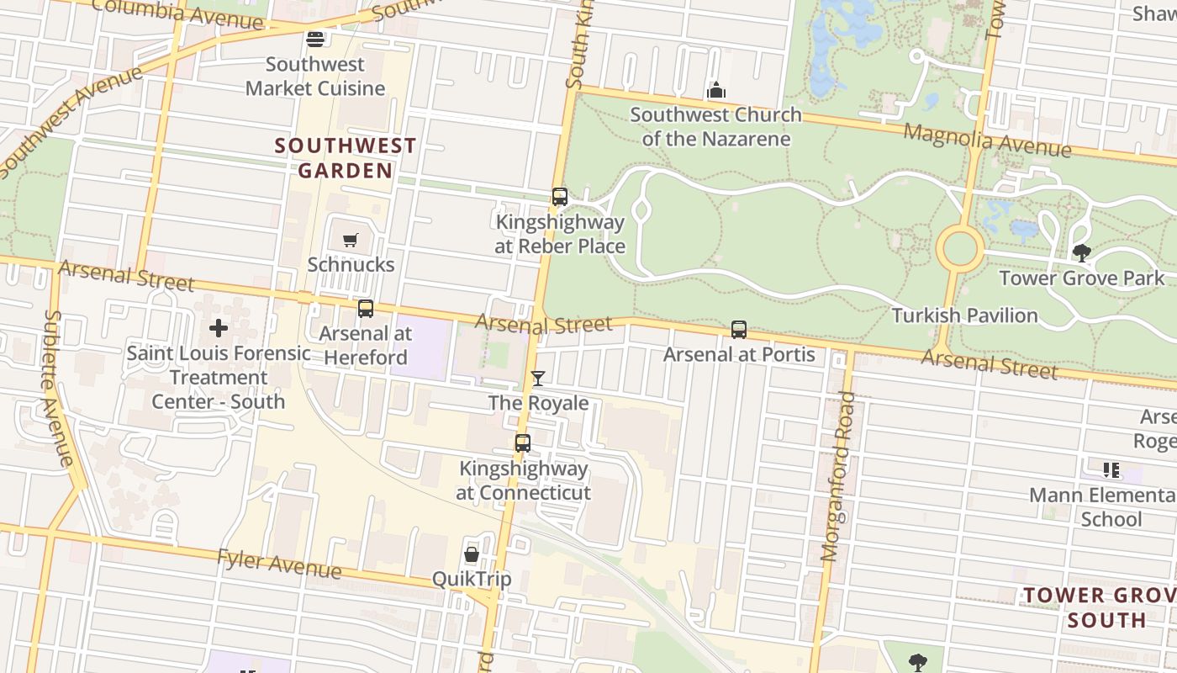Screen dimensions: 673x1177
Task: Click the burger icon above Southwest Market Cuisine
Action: point(315,39)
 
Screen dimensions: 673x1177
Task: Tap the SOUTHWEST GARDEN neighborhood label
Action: point(346,158)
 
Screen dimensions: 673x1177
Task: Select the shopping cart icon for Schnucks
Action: point(351,241)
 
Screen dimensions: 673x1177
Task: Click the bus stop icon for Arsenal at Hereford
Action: point(366,309)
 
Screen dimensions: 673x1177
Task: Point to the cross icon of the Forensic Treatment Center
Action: point(219,328)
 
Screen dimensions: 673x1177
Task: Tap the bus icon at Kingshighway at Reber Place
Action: point(560,197)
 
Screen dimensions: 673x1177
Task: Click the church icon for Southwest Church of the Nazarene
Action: point(716,90)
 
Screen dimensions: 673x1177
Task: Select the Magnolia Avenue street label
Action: point(987,139)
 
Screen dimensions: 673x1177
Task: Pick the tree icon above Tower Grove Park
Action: point(1082,252)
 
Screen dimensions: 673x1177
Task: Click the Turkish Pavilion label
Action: point(964,315)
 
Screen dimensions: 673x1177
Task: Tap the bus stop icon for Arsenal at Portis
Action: point(739,330)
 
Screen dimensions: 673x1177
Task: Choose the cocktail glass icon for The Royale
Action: point(538,379)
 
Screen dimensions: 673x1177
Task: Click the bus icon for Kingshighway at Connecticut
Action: point(523,443)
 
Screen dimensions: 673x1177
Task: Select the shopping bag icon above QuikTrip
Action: point(472,554)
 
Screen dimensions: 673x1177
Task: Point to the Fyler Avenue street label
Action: point(279,564)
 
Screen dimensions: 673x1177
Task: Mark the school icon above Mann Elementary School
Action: point(1111,470)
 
